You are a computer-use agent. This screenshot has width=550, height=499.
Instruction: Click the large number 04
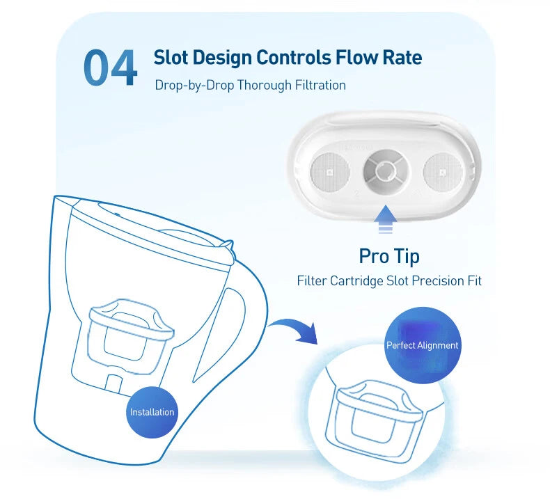pyautogui.click(x=110, y=68)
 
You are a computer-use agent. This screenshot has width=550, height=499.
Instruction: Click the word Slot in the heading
pyautogui.click(x=172, y=57)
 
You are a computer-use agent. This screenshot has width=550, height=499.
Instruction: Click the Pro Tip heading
pyautogui.click(x=389, y=255)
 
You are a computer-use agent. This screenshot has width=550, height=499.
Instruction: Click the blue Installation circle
pyautogui.click(x=152, y=412)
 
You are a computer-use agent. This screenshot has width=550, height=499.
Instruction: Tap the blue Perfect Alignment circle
pyautogui.click(x=423, y=345)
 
